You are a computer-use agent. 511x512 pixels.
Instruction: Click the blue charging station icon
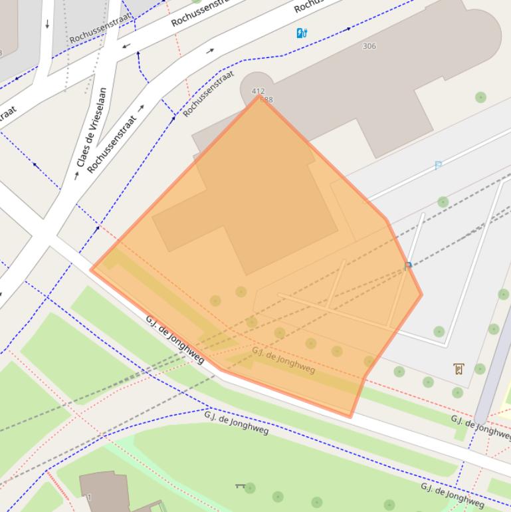point(302,33)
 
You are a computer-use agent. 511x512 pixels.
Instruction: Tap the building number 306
point(369,46)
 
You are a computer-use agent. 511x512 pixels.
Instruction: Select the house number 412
point(258,91)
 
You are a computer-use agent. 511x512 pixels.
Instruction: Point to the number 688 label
point(266,100)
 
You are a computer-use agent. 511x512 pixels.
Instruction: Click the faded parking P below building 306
point(438,166)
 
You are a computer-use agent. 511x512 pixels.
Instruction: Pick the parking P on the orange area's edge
point(408,266)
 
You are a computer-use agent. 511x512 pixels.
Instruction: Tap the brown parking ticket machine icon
point(459,368)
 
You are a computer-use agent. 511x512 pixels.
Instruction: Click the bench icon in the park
point(240,486)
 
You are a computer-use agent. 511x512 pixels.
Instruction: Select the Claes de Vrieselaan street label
point(91,127)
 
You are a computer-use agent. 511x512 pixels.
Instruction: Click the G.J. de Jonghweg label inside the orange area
point(283,360)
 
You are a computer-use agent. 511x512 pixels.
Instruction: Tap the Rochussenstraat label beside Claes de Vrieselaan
point(112,144)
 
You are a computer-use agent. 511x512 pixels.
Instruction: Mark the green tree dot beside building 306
point(480,97)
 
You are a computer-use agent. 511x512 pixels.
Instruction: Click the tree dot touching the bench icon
point(250,489)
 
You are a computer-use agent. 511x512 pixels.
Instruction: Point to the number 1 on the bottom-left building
point(88,497)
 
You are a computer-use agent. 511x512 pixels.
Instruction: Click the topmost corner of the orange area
point(259,96)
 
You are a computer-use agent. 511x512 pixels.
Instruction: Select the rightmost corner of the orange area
point(421,295)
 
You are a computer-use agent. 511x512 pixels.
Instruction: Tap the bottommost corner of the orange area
point(350,417)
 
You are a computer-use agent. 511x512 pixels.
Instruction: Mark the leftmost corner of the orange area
point(92,269)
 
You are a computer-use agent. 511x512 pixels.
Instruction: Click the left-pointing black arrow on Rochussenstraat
point(126,47)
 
